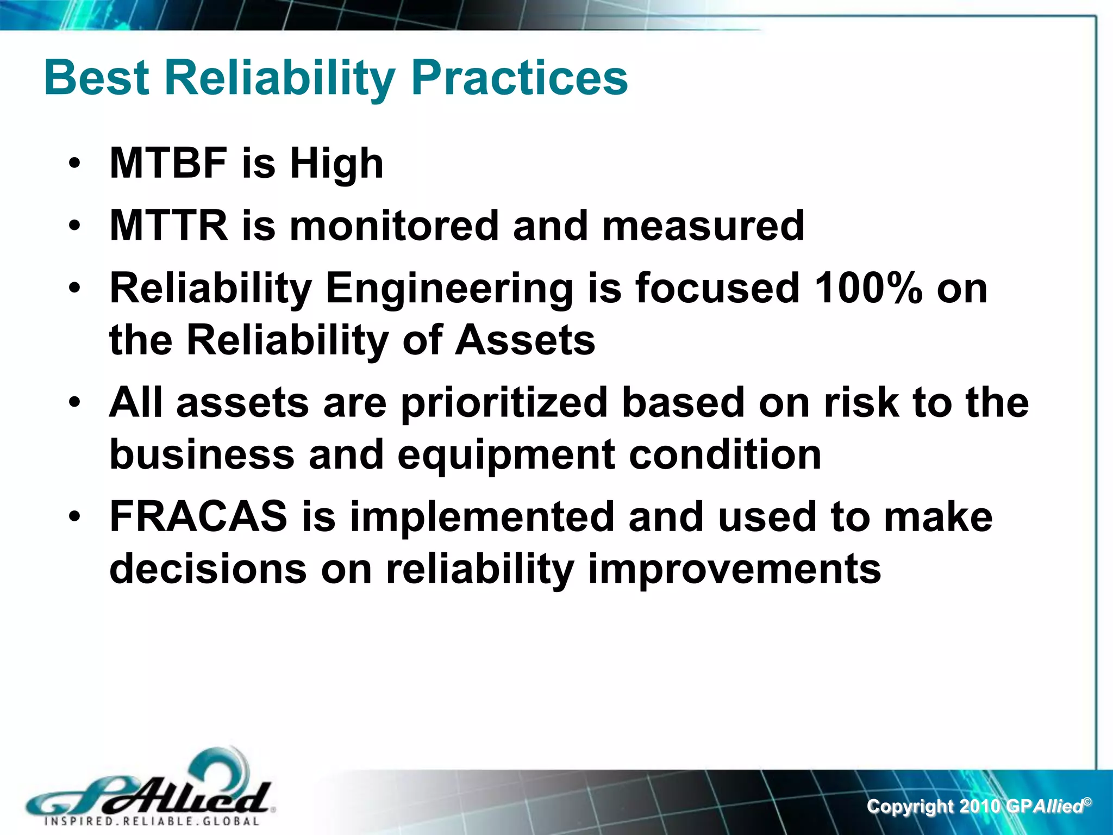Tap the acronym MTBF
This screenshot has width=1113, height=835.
click(168, 163)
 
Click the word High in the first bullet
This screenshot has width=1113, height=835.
click(336, 163)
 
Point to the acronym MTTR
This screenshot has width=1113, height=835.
click(168, 226)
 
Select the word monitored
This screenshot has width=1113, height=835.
click(394, 226)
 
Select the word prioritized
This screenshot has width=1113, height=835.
click(504, 403)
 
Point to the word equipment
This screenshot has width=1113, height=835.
click(506, 456)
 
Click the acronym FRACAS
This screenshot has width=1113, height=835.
click(198, 517)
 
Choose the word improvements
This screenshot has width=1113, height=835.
click(734, 570)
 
